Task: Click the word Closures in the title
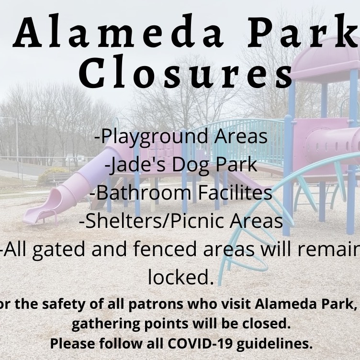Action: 186,71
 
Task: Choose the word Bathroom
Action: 144,192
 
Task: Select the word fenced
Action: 164,249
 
